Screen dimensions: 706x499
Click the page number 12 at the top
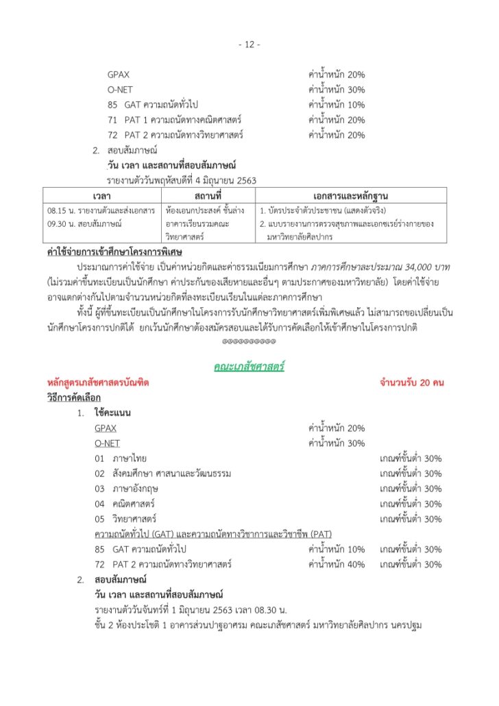(249, 45)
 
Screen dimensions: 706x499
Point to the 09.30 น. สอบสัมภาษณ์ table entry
(81, 223)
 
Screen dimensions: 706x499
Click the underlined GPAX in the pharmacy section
(106, 428)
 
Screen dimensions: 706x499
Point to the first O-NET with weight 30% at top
(120, 90)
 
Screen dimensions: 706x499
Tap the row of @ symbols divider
(249, 340)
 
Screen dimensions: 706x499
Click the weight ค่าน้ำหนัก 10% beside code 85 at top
(337, 105)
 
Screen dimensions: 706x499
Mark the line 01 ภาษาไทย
(121, 459)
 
